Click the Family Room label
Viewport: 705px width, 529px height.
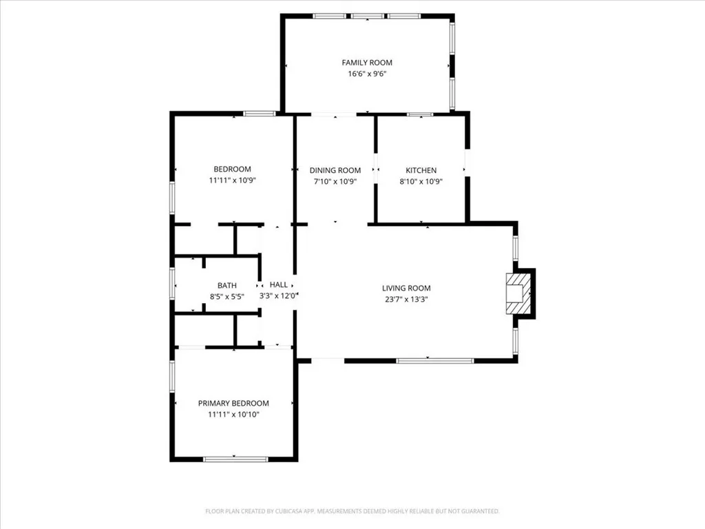point(367,63)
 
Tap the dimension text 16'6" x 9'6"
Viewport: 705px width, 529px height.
point(367,74)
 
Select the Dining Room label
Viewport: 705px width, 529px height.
point(335,170)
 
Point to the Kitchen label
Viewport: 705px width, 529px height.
point(421,170)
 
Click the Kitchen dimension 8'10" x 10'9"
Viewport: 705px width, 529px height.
point(421,182)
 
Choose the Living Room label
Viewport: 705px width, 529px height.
point(406,288)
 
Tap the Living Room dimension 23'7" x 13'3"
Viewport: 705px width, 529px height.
point(406,300)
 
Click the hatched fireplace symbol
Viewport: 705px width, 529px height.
point(519,293)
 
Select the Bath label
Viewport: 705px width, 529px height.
point(227,285)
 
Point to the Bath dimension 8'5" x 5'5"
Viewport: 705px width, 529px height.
point(227,296)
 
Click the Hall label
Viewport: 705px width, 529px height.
point(278,284)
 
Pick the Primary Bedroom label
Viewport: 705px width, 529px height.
point(233,403)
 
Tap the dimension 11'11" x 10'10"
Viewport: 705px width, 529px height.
point(233,415)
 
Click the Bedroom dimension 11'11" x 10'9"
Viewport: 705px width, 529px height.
point(232,180)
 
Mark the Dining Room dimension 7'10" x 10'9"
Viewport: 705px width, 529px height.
point(335,182)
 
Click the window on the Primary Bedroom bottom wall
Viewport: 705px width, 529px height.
point(235,459)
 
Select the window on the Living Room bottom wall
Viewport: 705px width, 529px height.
point(434,360)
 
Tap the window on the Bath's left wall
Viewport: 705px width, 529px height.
point(172,283)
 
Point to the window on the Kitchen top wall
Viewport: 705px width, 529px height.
point(419,114)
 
